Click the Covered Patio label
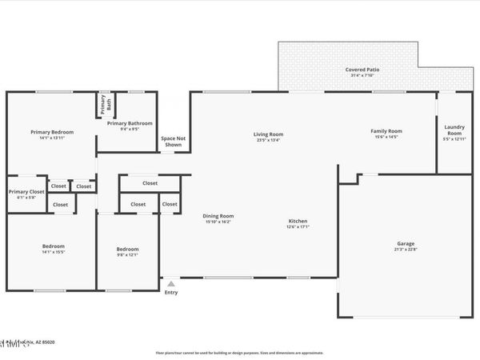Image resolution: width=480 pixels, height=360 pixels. tap(362, 70)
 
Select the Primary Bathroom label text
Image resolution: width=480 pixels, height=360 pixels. tap(130, 123)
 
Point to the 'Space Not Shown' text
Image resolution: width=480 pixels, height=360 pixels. tap(174, 141)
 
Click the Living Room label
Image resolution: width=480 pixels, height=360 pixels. tap(269, 134)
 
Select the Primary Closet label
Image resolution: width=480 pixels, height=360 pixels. tap(26, 191)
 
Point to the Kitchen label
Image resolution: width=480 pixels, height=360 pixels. tap(298, 221)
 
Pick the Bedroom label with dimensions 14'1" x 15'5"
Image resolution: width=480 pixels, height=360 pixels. tap(54, 246)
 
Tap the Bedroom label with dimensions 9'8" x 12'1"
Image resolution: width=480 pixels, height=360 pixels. tap(128, 250)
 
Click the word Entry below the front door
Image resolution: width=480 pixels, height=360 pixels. tap(171, 292)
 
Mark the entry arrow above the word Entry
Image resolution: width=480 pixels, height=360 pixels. tap(170, 282)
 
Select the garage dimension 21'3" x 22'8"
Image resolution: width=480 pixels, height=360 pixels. tap(406, 250)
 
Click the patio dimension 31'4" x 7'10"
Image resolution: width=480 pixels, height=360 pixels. tap(362, 76)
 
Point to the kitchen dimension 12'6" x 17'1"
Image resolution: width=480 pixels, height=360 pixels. tap(298, 227)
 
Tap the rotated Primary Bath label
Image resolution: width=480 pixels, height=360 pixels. tap(103, 103)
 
